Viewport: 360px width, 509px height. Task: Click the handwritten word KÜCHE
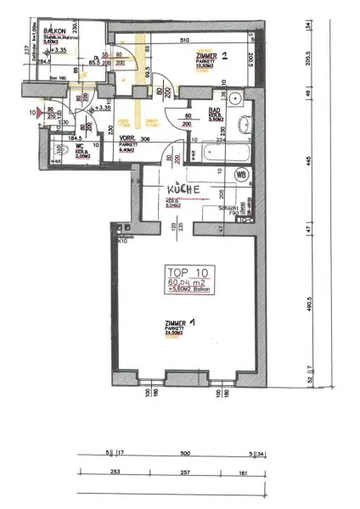pos(183,189)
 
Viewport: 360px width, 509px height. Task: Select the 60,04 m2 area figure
pos(187,282)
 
